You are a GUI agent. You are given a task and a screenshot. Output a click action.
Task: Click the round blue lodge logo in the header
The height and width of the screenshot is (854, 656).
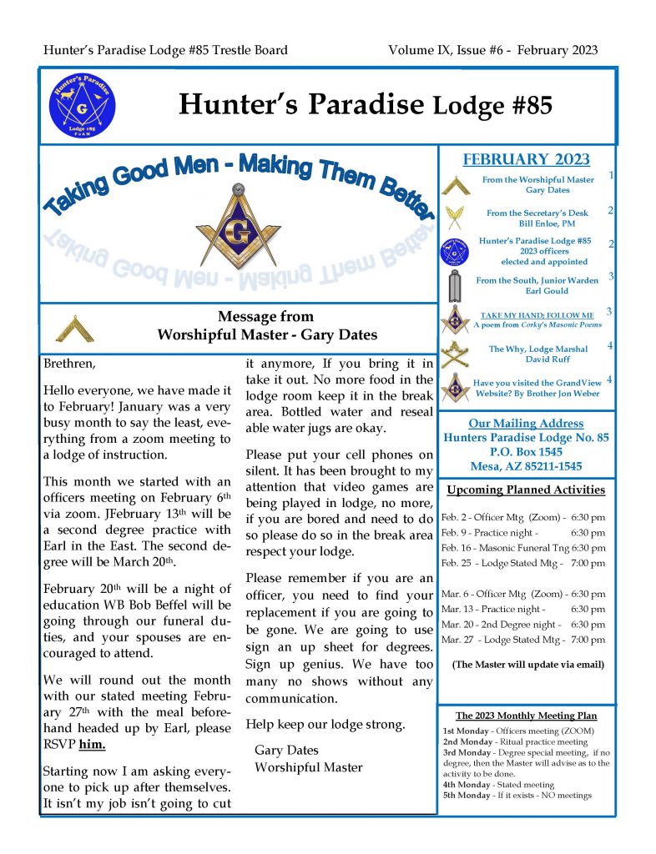click(x=83, y=106)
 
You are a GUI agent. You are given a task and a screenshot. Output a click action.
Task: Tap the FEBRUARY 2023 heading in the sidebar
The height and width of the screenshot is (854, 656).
click(x=526, y=160)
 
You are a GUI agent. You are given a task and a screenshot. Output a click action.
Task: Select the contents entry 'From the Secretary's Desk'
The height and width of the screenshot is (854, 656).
click(x=537, y=213)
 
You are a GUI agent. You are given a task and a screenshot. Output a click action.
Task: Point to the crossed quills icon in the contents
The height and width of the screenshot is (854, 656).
click(x=455, y=218)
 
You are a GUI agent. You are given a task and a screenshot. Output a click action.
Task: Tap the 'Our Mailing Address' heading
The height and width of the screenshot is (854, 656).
click(x=526, y=423)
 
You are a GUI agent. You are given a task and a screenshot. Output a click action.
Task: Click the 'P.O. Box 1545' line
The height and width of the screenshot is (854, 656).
click(x=526, y=451)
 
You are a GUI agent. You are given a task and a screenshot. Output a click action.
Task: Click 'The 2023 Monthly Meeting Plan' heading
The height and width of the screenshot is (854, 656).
click(x=526, y=716)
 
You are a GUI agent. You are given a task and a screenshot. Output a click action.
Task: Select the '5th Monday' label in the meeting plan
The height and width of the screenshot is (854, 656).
click(x=467, y=795)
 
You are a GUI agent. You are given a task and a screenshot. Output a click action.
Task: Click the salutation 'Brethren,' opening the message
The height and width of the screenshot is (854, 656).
click(x=70, y=364)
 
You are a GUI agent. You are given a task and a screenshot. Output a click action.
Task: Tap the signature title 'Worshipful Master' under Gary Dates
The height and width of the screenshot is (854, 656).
click(x=308, y=766)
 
